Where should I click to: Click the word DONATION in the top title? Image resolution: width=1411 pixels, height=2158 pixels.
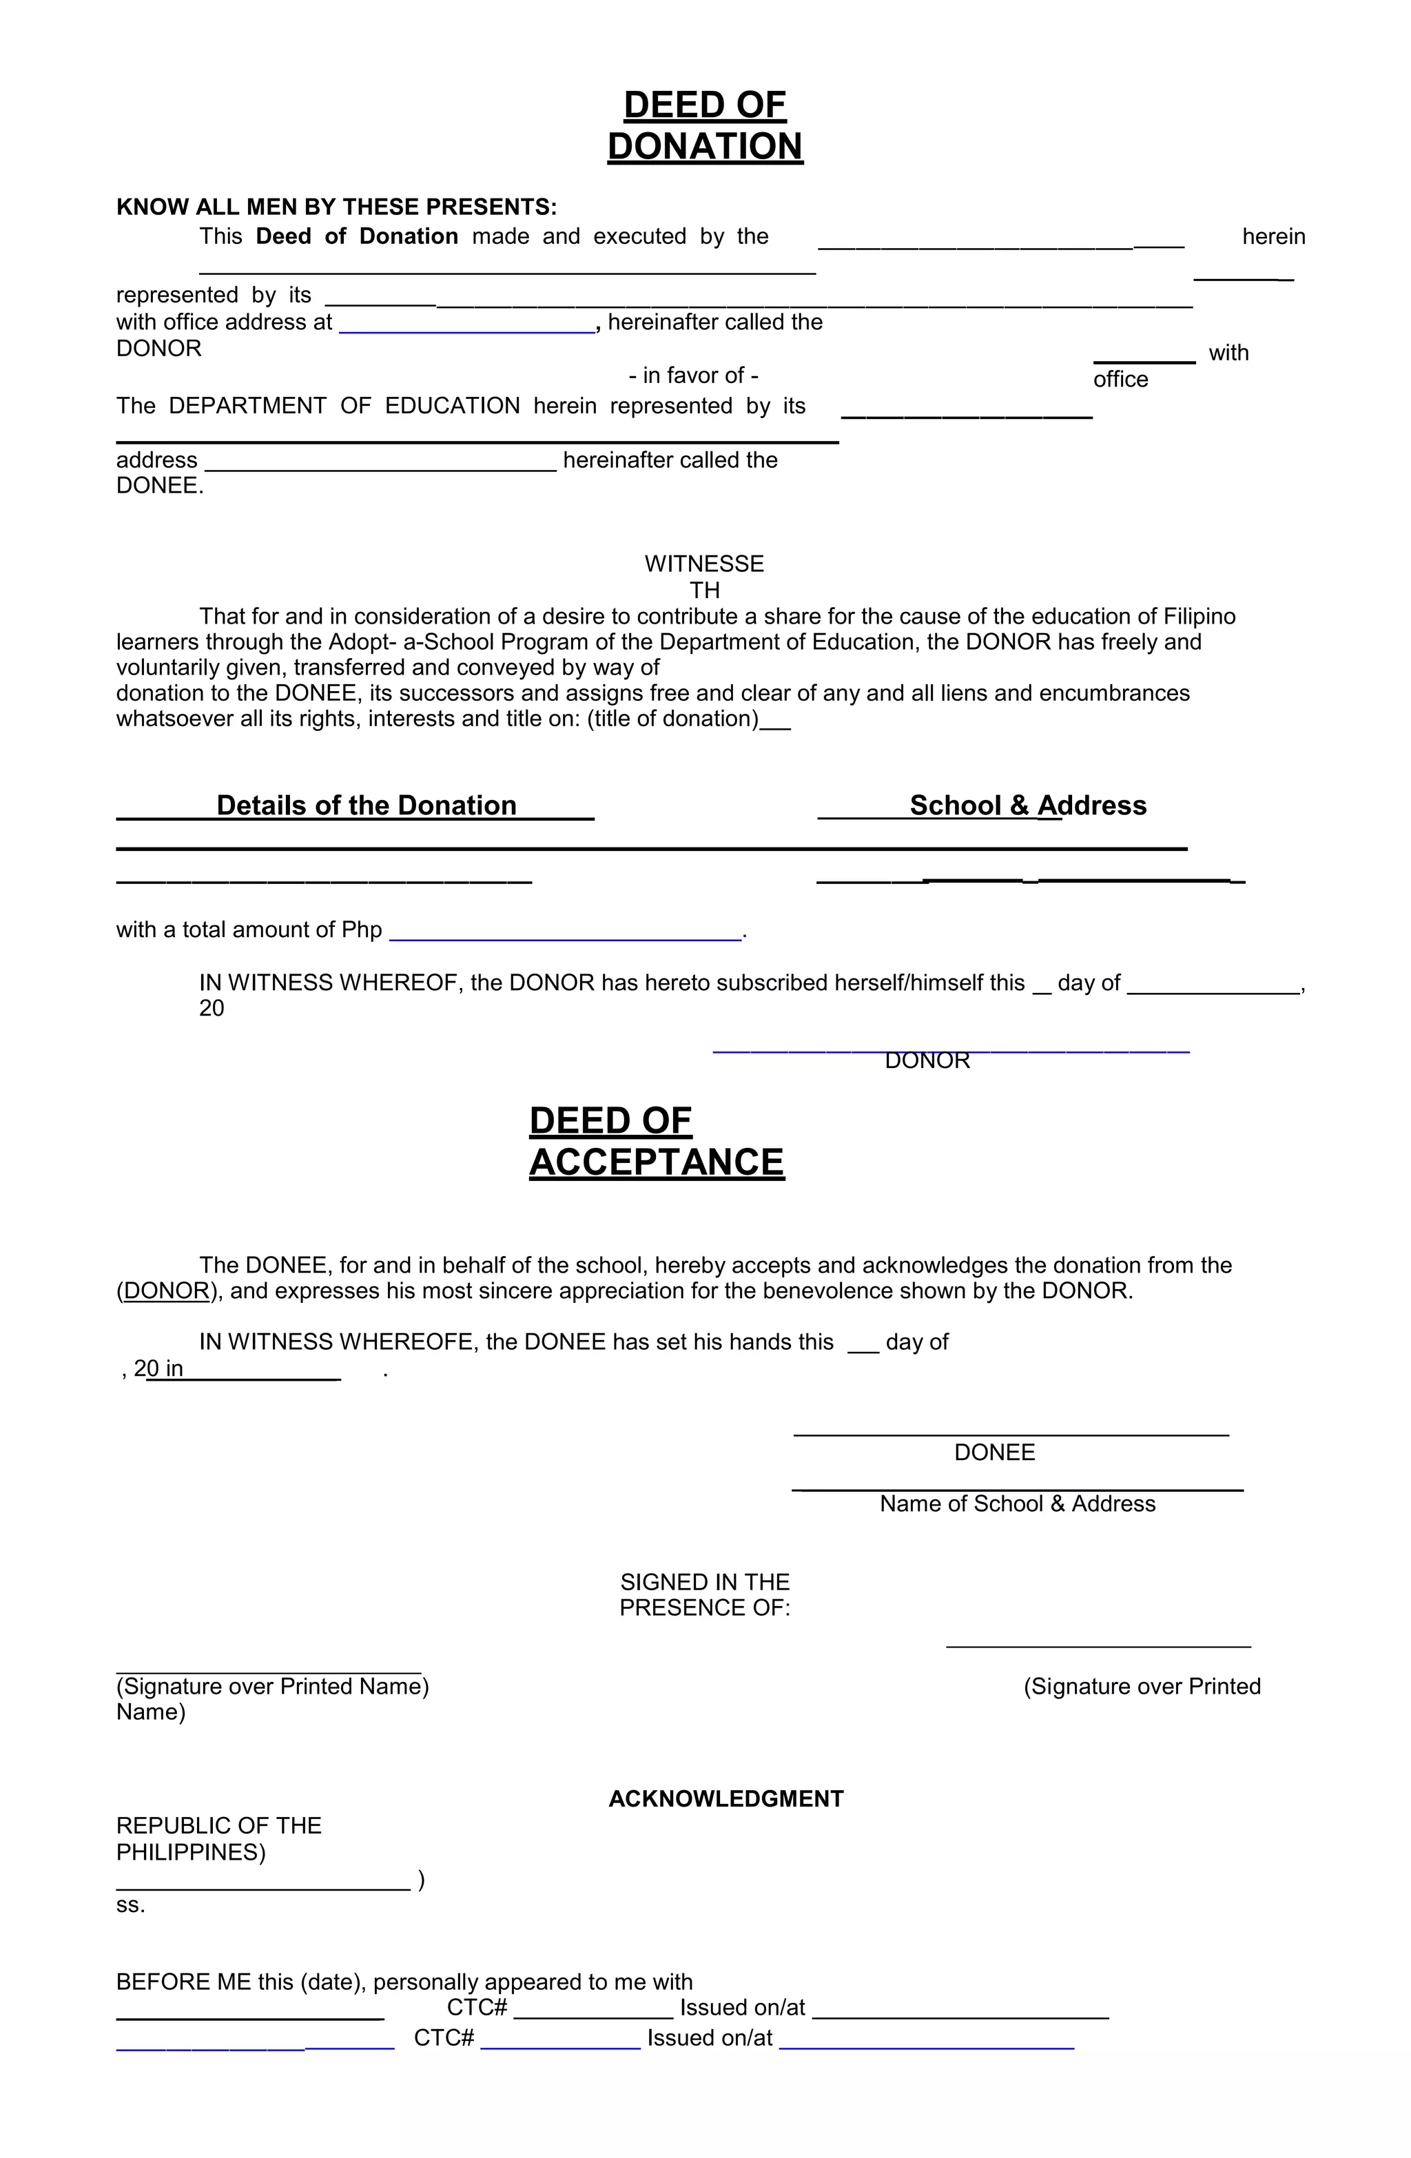click(705, 147)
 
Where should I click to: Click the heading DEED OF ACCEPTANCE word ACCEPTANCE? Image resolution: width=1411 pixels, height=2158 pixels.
click(657, 1162)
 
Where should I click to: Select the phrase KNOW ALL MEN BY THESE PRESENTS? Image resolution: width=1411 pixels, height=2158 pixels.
click(336, 207)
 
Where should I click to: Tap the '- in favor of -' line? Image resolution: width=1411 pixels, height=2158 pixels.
click(693, 376)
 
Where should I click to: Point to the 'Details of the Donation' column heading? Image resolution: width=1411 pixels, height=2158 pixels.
click(367, 805)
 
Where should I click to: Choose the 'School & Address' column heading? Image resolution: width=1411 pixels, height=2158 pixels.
click(1027, 805)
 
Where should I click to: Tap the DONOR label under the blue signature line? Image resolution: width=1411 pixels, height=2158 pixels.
click(927, 1061)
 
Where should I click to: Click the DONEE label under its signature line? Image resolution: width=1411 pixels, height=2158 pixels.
click(994, 1452)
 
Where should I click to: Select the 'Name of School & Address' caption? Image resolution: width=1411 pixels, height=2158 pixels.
click(1016, 1504)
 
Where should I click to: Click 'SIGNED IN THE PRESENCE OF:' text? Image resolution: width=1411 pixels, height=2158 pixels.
click(705, 1595)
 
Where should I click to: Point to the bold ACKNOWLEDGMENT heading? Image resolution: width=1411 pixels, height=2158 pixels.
click(725, 1799)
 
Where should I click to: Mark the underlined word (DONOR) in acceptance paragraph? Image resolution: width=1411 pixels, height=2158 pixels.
click(167, 1291)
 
